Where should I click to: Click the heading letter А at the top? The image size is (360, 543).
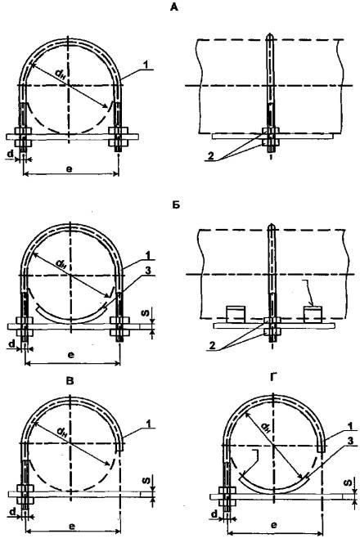pyautogui.click(x=174, y=7)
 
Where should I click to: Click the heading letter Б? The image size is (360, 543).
pyautogui.click(x=176, y=204)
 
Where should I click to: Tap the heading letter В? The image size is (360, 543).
pyautogui.click(x=70, y=381)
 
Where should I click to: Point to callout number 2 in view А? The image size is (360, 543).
pyautogui.click(x=210, y=156)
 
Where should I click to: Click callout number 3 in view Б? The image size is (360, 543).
pyautogui.click(x=148, y=271)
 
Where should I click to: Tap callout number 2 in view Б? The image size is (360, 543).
pyautogui.click(x=213, y=345)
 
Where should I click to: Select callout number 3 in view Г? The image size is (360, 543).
pyautogui.click(x=350, y=441)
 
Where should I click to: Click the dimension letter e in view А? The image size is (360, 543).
pyautogui.click(x=70, y=169)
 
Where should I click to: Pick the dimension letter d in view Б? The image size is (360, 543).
pyautogui.click(x=12, y=344)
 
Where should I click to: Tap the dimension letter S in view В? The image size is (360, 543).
pyautogui.click(x=146, y=481)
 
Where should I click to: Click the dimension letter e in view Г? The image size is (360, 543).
pyautogui.click(x=273, y=525)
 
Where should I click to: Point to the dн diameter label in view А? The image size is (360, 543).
pyautogui.click(x=60, y=74)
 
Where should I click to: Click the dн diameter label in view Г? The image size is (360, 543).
pyautogui.click(x=265, y=428)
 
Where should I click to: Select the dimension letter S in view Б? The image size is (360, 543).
pyautogui.click(x=146, y=312)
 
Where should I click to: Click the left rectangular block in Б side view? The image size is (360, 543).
pyautogui.click(x=236, y=315)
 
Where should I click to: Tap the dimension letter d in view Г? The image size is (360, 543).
pyautogui.click(x=214, y=514)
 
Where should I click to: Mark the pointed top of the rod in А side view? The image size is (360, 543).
pyautogui.click(x=269, y=34)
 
